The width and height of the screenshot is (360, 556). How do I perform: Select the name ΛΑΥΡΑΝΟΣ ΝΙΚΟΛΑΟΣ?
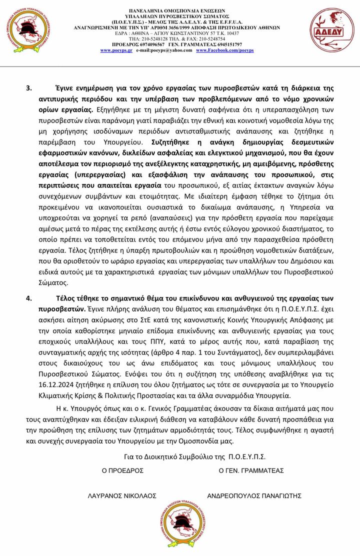[121, 495]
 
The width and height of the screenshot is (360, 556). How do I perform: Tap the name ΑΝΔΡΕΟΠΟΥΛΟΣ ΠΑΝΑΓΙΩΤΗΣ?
[254, 495]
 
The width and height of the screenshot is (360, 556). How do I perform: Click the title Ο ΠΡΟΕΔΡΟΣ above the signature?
[122, 470]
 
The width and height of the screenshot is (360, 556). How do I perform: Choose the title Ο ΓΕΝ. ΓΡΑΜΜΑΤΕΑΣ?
[251, 470]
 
